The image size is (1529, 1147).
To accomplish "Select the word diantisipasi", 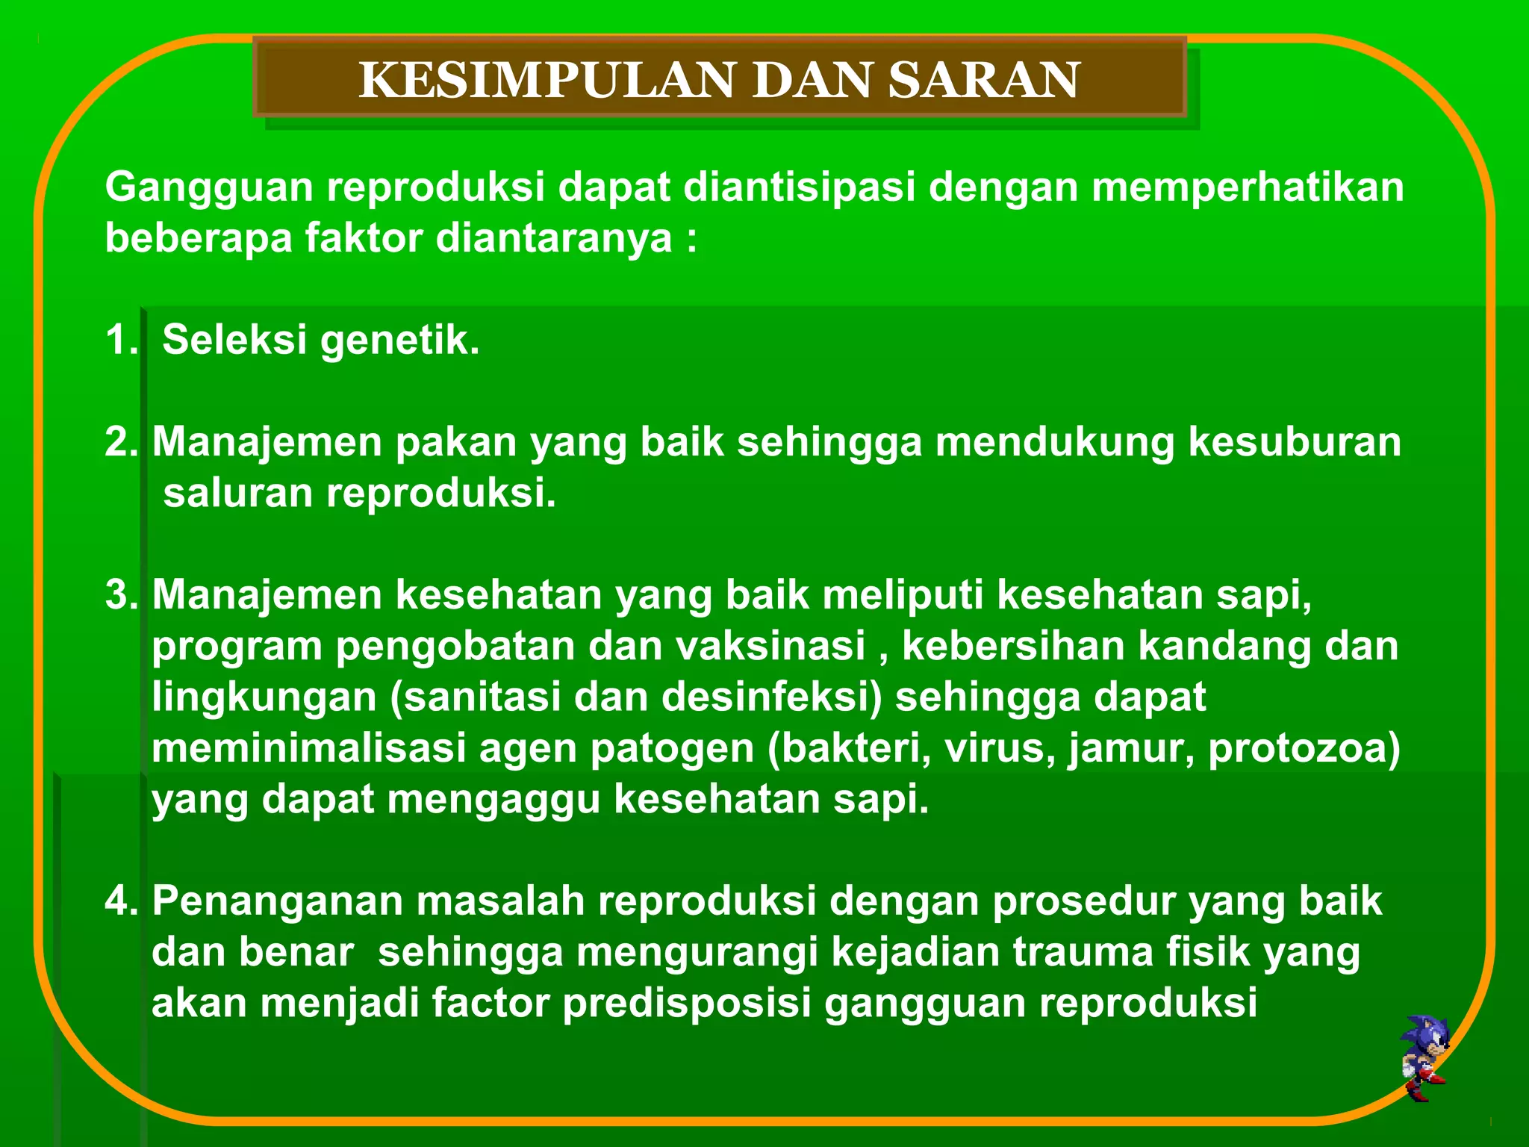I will [x=800, y=187].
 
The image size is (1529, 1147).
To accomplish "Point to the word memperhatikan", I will [x=1248, y=187].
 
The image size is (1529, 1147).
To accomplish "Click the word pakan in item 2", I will [x=455, y=441].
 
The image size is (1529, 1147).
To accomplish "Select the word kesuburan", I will [x=1295, y=441].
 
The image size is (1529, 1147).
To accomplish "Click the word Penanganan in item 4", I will [x=276, y=901].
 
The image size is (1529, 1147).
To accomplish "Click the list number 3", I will [x=119, y=595].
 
